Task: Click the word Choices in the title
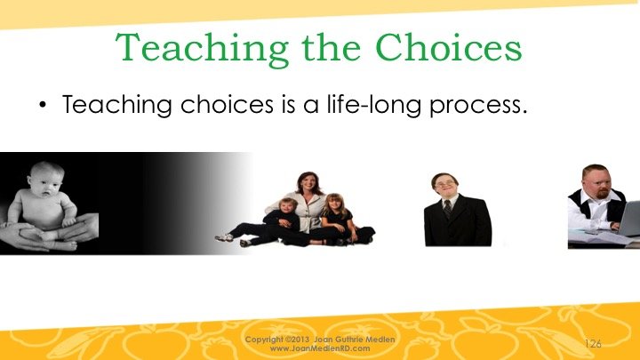point(448,47)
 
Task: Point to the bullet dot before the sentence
point(43,105)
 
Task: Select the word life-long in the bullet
point(374,105)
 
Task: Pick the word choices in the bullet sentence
point(227,104)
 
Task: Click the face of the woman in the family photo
point(308,185)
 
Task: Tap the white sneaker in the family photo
point(225,237)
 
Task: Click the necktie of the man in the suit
point(448,209)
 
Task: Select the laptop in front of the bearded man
point(628,219)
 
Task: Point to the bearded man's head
point(596,180)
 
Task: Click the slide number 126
point(593,344)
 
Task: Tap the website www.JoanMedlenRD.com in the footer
point(320,348)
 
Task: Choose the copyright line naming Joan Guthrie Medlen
point(320,340)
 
